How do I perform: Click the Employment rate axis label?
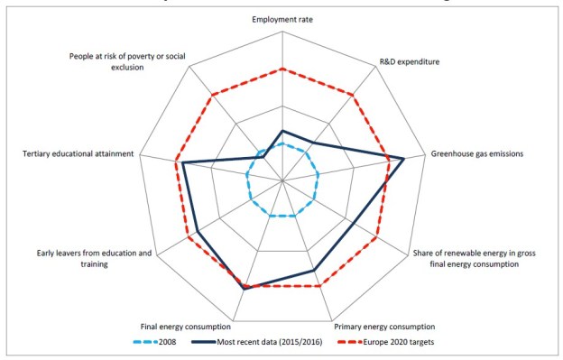(x=282, y=19)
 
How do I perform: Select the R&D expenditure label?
(x=408, y=62)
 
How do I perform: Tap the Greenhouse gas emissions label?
(x=476, y=153)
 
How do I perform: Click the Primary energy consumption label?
(x=383, y=327)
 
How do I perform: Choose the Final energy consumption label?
(x=187, y=327)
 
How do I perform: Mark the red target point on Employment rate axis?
(x=282, y=69)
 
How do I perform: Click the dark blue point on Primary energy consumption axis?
(x=313, y=270)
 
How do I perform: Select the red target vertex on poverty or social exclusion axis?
(x=212, y=95)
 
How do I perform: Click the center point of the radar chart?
(x=282, y=180)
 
